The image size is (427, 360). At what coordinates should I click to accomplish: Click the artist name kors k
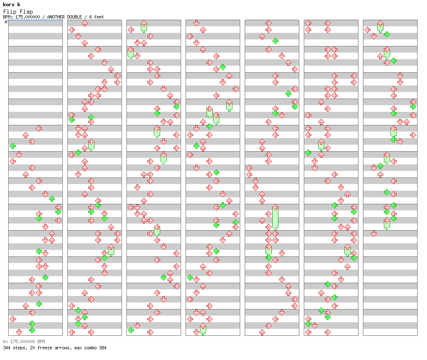point(11,5)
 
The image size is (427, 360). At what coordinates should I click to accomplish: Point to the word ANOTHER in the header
point(56,17)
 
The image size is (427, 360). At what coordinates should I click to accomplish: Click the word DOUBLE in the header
point(74,17)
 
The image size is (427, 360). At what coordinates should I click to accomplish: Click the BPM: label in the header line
point(8,17)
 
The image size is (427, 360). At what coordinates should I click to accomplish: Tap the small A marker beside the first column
point(6,22)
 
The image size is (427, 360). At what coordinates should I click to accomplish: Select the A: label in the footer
point(5,342)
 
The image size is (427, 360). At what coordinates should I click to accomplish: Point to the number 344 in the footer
point(7,348)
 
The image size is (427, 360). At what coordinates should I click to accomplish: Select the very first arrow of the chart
point(39,128)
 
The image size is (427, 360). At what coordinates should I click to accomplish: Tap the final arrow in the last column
point(374,233)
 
